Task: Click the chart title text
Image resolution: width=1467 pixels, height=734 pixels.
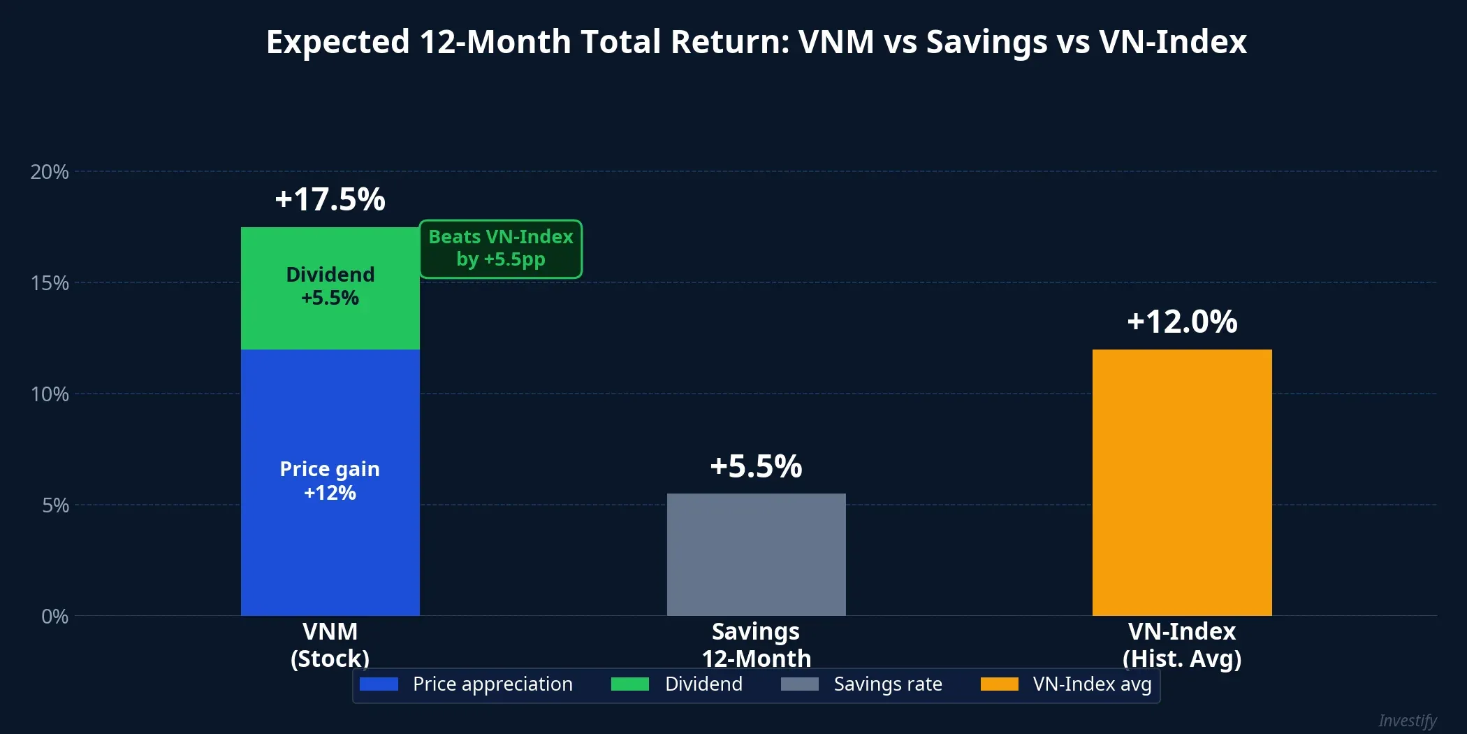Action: tap(756, 42)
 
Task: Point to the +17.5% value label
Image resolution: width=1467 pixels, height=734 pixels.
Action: tap(330, 199)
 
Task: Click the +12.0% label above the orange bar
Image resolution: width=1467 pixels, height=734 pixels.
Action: tap(1182, 322)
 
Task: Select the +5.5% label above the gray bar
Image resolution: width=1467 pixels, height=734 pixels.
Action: tap(756, 466)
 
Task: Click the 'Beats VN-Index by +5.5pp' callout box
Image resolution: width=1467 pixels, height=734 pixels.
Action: tap(500, 248)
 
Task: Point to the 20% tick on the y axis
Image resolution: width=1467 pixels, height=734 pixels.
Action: tap(50, 172)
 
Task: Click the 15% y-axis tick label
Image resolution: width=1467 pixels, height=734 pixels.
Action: tap(50, 283)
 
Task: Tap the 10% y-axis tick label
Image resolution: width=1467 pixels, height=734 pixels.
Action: tap(50, 394)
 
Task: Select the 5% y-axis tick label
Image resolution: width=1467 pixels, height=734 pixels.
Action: tap(55, 505)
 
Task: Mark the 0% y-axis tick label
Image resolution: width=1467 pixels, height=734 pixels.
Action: tap(54, 617)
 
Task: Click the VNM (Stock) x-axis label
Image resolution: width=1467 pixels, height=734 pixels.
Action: tap(330, 645)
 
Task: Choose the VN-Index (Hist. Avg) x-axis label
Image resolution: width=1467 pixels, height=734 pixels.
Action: tap(1182, 645)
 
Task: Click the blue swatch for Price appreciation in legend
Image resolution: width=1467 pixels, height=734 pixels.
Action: tap(379, 684)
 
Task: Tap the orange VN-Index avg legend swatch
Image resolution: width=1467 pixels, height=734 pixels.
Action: tap(999, 684)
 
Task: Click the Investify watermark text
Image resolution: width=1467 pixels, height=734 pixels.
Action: tap(1407, 720)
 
